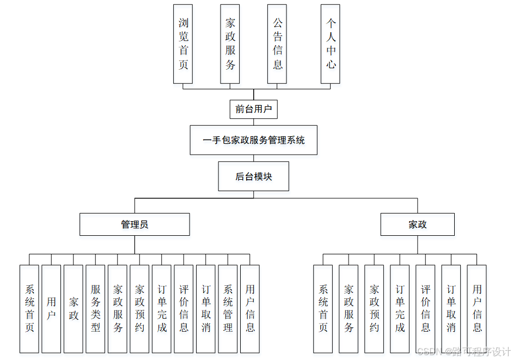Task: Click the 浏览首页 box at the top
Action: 183,44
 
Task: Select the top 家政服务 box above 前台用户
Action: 230,44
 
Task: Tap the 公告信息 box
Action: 277,44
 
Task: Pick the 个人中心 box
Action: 331,44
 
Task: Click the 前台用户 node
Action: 253,109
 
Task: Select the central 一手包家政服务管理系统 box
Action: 253,141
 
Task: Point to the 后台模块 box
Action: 253,176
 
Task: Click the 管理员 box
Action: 135,224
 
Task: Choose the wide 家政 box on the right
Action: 417,224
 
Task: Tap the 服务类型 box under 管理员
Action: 95,309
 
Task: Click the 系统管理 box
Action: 228,309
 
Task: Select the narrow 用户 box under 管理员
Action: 51,309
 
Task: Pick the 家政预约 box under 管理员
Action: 139,309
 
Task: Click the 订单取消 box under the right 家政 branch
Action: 451,309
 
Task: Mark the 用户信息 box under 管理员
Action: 250,309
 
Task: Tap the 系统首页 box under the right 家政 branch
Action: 323,309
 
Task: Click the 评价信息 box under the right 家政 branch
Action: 425,309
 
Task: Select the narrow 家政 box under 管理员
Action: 74,309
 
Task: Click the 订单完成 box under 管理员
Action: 162,309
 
